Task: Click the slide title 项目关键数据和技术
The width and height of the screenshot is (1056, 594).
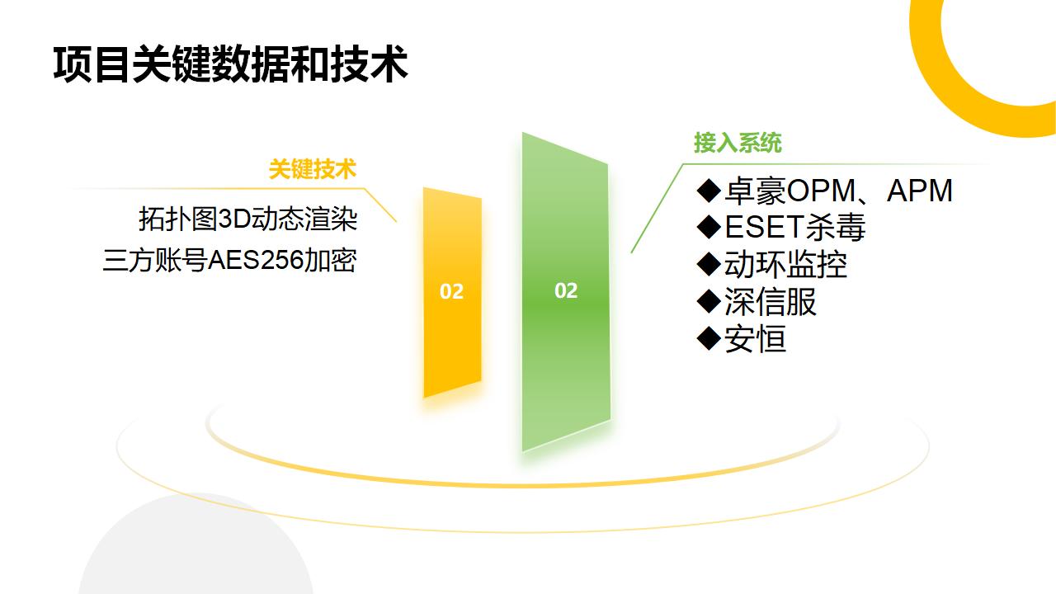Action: [x=230, y=64]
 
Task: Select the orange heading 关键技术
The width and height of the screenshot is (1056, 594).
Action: [x=313, y=169]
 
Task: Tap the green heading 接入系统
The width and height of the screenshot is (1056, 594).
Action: [x=738, y=143]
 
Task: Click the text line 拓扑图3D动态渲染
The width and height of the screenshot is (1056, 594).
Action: [x=248, y=219]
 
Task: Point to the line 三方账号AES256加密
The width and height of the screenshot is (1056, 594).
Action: [x=229, y=260]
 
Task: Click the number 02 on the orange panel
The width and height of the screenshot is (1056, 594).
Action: [x=451, y=292]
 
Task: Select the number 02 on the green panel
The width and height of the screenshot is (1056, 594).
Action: [x=566, y=291]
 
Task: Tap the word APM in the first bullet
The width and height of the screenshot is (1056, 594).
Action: [x=920, y=191]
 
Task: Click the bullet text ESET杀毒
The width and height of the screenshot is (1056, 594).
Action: [x=795, y=227]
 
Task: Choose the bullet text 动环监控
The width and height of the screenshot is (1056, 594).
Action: [x=786, y=265]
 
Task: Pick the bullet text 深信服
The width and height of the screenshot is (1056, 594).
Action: [x=771, y=302]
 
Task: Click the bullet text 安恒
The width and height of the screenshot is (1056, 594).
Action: [x=755, y=339]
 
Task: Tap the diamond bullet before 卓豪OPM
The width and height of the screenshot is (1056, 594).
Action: [x=709, y=191]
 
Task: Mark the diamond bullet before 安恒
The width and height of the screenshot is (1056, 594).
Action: [x=709, y=338]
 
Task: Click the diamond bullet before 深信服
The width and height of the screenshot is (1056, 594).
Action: [x=709, y=302]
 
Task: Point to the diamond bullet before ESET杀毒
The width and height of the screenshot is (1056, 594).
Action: [x=709, y=227]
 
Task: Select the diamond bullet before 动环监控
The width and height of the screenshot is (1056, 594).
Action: [x=709, y=265]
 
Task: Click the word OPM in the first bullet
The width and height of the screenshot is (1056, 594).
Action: [x=821, y=191]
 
